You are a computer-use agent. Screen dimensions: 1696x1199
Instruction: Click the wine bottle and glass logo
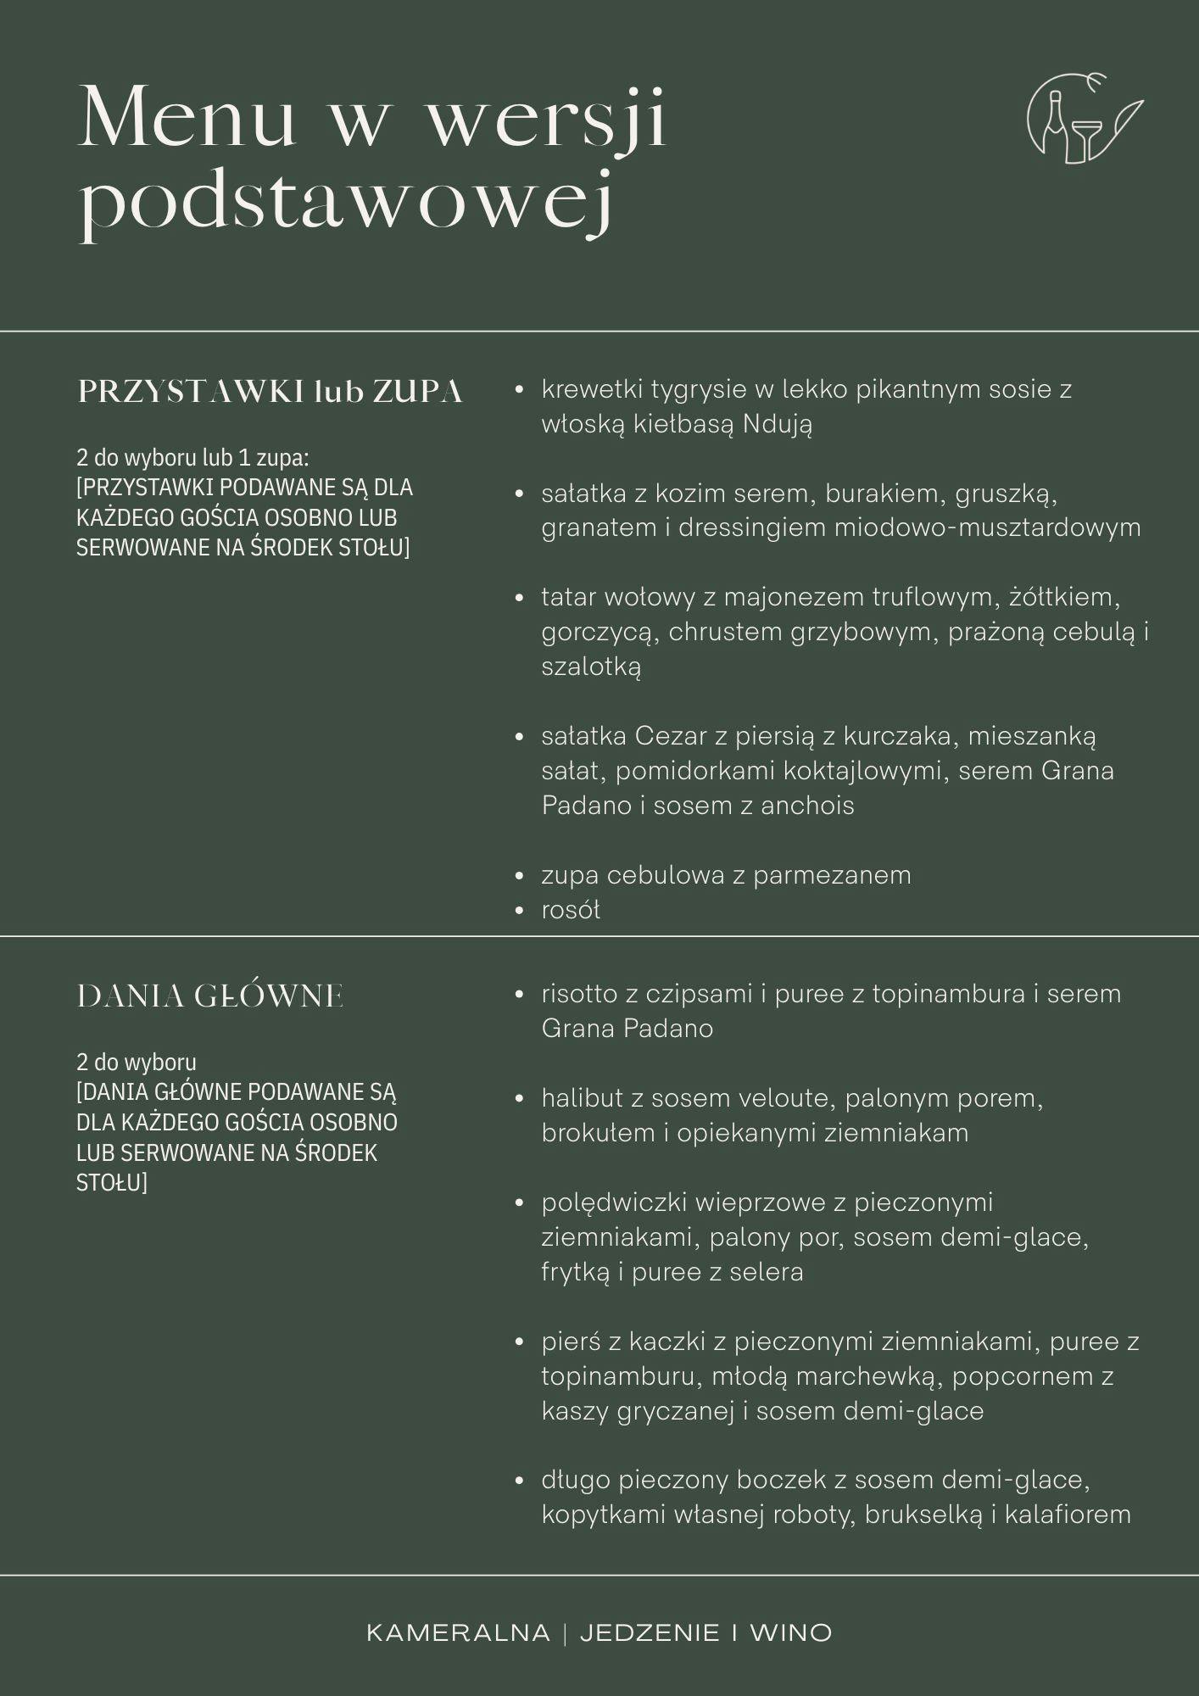(x=1081, y=119)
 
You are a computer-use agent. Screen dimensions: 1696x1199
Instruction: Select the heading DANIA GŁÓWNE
(x=210, y=996)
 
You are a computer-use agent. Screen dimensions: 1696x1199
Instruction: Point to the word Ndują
(x=778, y=424)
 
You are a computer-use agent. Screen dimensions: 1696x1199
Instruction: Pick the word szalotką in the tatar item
(x=591, y=667)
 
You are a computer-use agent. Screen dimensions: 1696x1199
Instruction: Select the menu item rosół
(x=571, y=910)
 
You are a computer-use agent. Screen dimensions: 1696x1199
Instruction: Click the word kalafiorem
(x=1068, y=1515)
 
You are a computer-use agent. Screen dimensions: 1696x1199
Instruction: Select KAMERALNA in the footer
(x=458, y=1632)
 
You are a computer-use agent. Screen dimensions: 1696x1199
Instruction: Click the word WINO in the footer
(x=790, y=1632)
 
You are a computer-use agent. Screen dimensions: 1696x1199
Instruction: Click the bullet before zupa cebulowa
(x=520, y=876)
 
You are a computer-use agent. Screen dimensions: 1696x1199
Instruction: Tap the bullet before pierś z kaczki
(x=520, y=1342)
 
